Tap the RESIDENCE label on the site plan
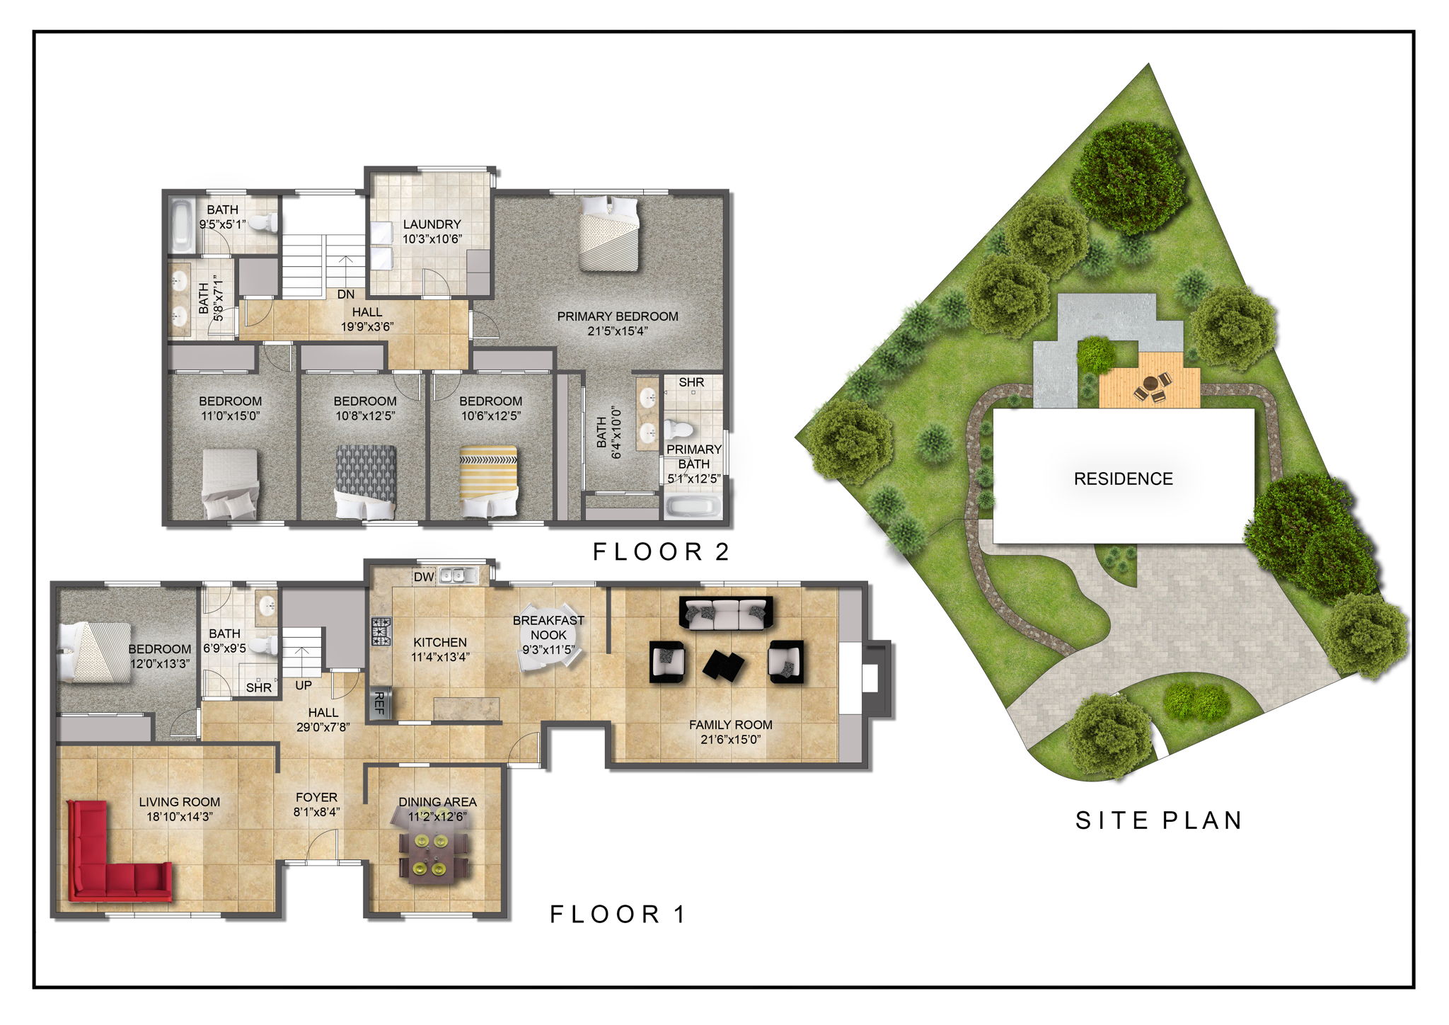coord(1123,479)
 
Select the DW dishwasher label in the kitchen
coord(424,577)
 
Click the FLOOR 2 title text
coord(661,552)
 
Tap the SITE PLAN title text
coord(1159,820)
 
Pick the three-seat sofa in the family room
coord(726,613)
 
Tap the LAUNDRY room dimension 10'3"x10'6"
coord(432,239)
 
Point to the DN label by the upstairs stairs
coord(345,294)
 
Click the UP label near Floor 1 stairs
coord(303,685)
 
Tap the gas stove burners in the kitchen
coord(381,631)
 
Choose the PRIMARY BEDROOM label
coord(617,316)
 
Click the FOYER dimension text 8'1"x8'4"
coord(316,812)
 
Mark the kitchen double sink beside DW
coord(458,576)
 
